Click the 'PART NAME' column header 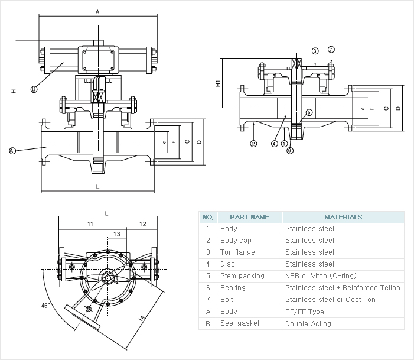[x=249, y=217]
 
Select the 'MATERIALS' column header [x=343, y=217]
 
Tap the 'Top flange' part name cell [x=237, y=252]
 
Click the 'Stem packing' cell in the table [x=242, y=276]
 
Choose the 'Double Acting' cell [x=308, y=323]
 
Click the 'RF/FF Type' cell [x=304, y=312]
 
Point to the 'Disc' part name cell [x=227, y=264]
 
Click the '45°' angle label [x=46, y=306]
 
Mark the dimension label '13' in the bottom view [x=117, y=234]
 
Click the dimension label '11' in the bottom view [x=90, y=225]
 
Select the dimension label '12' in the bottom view [x=142, y=225]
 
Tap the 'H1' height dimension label [x=218, y=84]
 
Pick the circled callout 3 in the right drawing [x=315, y=51]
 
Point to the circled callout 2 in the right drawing [x=253, y=144]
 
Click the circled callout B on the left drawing [x=34, y=89]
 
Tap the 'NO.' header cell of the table [x=208, y=217]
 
